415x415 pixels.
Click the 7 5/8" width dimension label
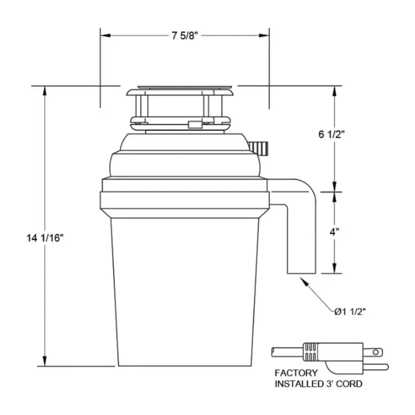click(185, 36)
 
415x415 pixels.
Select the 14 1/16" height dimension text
click(45, 238)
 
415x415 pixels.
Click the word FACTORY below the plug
click(297, 373)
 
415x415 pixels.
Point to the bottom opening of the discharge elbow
click(302, 273)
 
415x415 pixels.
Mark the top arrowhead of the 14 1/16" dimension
click(44, 91)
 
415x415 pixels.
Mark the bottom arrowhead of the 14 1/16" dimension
click(44, 361)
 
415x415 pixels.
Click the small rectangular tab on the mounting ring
click(194, 124)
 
